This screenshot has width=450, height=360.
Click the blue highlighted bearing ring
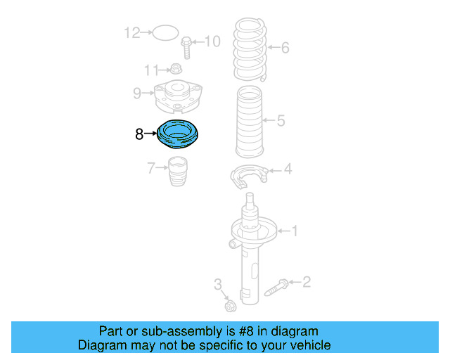click(x=179, y=135)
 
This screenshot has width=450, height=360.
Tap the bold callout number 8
click(x=139, y=133)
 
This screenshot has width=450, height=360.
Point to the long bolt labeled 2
click(x=276, y=287)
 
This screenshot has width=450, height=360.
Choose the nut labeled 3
click(x=229, y=306)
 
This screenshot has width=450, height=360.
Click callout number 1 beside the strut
click(x=295, y=230)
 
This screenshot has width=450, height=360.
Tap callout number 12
click(x=131, y=32)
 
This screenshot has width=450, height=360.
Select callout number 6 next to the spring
click(x=285, y=49)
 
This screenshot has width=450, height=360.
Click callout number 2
click(x=306, y=283)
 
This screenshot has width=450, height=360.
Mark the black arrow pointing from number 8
click(x=151, y=133)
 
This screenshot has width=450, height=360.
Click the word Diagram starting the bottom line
click(x=101, y=345)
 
